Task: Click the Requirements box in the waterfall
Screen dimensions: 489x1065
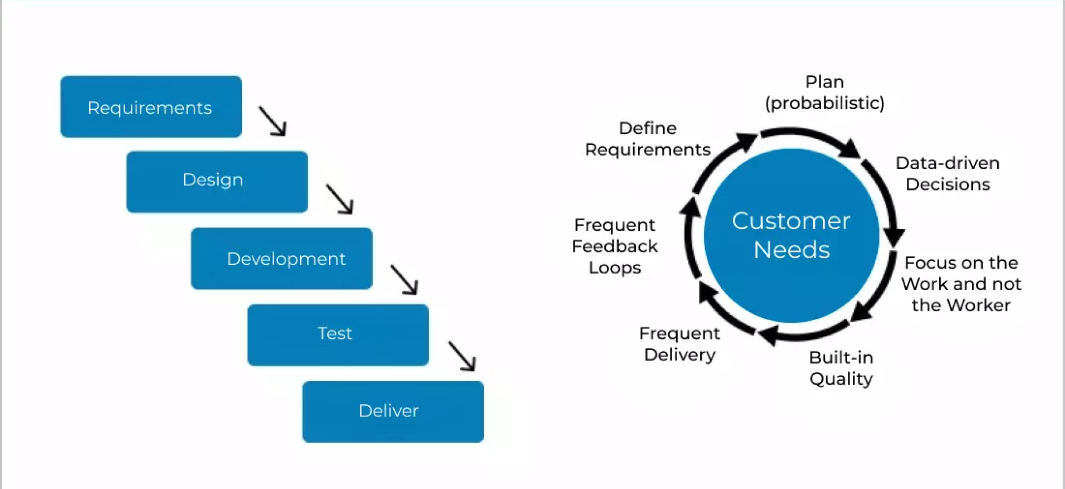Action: (151, 107)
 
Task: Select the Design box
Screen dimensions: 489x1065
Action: (217, 182)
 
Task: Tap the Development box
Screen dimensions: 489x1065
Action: (282, 259)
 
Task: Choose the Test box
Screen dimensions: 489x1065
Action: (338, 335)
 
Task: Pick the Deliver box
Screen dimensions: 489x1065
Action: (393, 412)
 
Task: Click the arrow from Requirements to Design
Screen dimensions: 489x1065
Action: (273, 121)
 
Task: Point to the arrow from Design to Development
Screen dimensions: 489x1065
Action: (339, 199)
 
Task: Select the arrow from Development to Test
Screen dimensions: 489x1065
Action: (404, 279)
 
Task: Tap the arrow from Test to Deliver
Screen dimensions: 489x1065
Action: (462, 356)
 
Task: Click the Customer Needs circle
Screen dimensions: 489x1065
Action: (791, 235)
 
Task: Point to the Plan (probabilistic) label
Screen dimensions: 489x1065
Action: (825, 92)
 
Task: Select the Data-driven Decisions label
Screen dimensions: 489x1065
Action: (948, 174)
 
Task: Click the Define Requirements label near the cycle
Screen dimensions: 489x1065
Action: (648, 139)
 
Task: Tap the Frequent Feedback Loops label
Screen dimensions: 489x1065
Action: (615, 246)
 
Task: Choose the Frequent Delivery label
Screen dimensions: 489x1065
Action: (679, 344)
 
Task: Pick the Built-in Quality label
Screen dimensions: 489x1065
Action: (841, 368)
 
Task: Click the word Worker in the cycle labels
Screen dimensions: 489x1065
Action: (983, 305)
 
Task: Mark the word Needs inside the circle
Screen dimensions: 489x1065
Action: (792, 250)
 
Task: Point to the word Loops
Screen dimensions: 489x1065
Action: (615, 268)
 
